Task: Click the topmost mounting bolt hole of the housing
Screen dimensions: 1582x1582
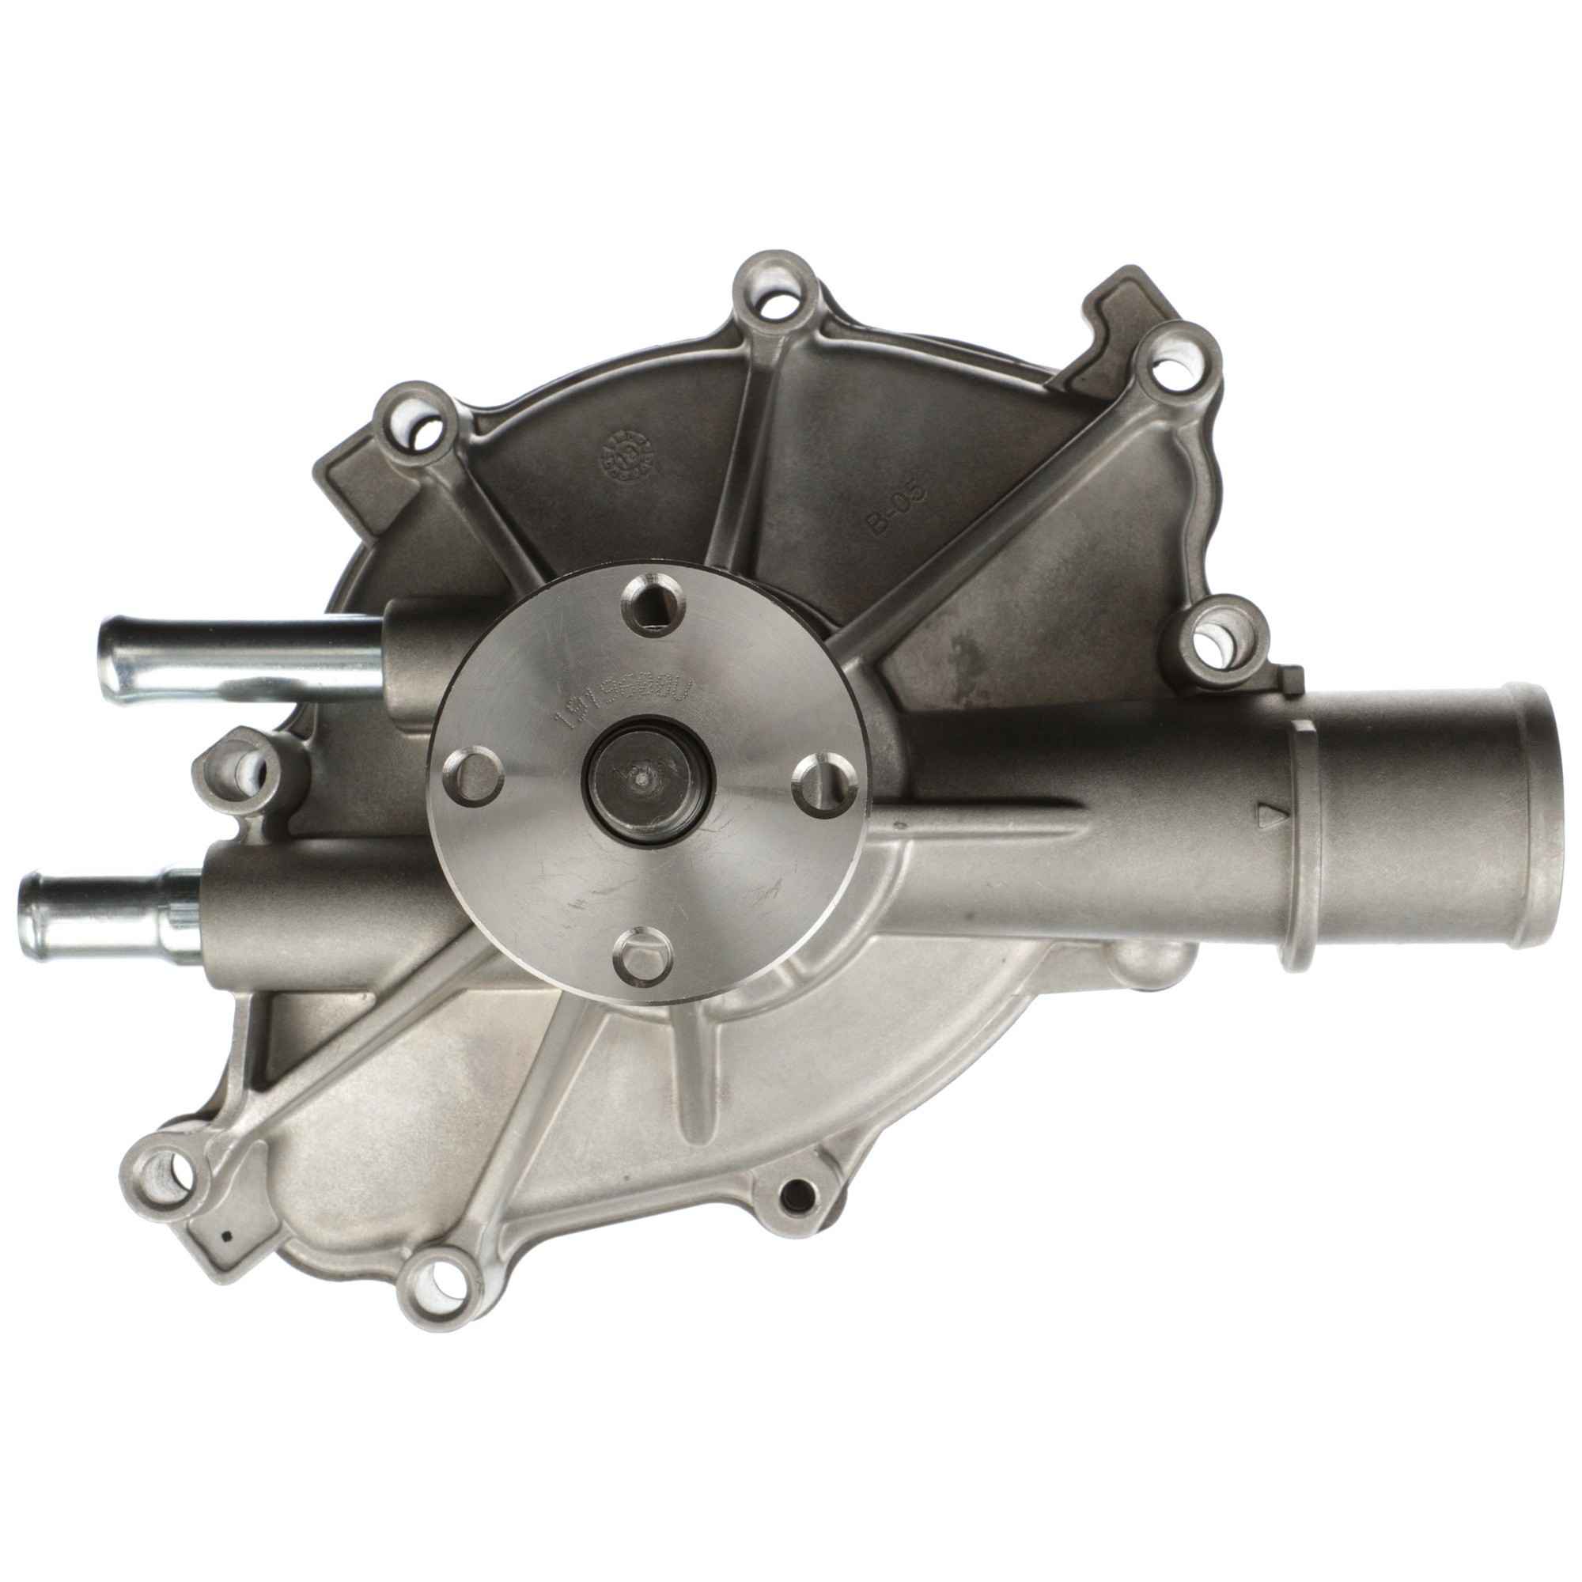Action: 772,303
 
